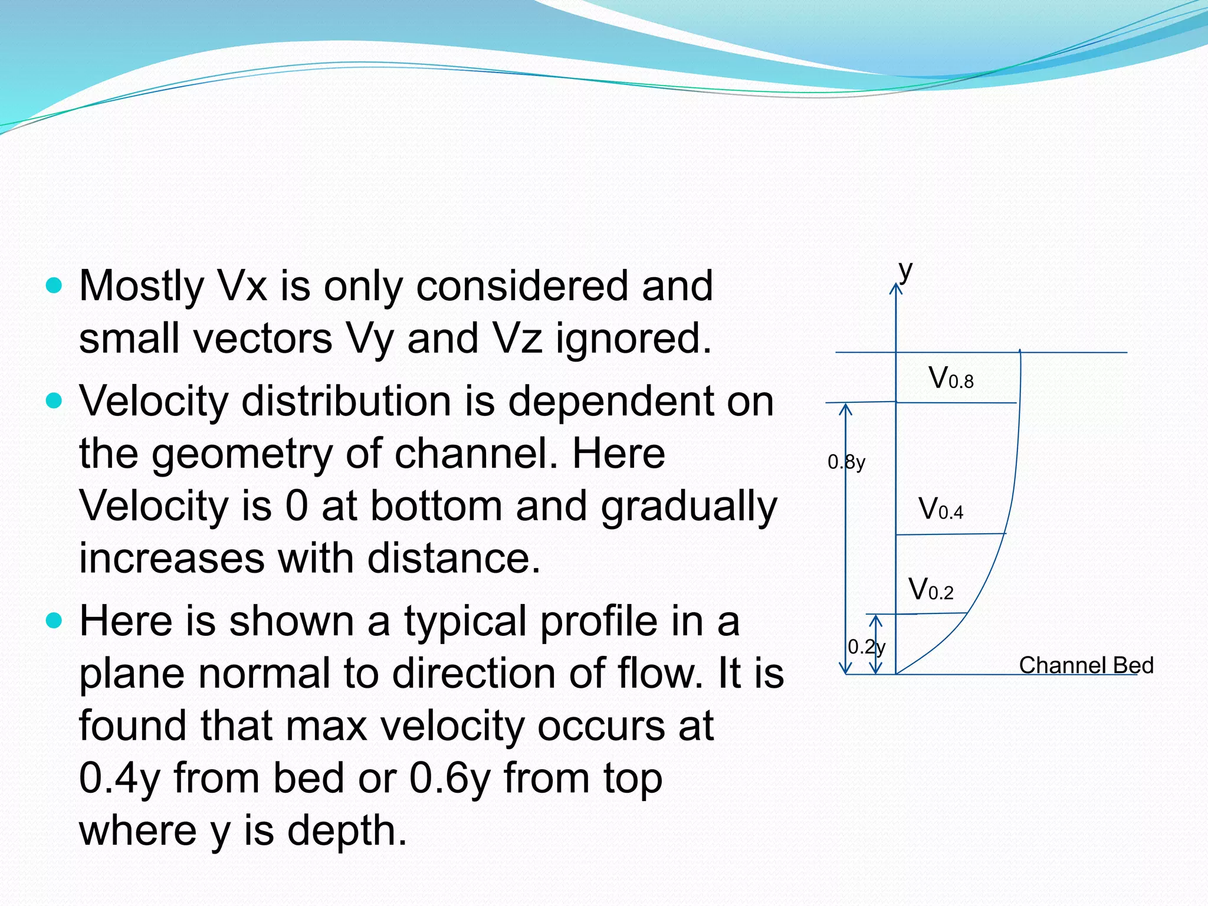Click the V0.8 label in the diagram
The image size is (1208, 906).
(x=951, y=378)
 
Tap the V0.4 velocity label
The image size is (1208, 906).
(x=941, y=508)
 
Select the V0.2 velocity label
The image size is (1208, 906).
(x=931, y=589)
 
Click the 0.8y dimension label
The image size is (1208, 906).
(x=846, y=462)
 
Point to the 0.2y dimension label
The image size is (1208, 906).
(x=866, y=647)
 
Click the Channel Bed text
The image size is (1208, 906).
(x=1086, y=665)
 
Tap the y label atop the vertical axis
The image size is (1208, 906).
(x=905, y=271)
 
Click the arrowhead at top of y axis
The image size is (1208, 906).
(x=896, y=288)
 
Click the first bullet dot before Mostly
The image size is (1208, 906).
(x=54, y=286)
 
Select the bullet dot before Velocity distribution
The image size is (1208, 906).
(x=54, y=401)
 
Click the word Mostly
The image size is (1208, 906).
(x=142, y=286)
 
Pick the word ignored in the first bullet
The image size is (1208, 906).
(x=633, y=339)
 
